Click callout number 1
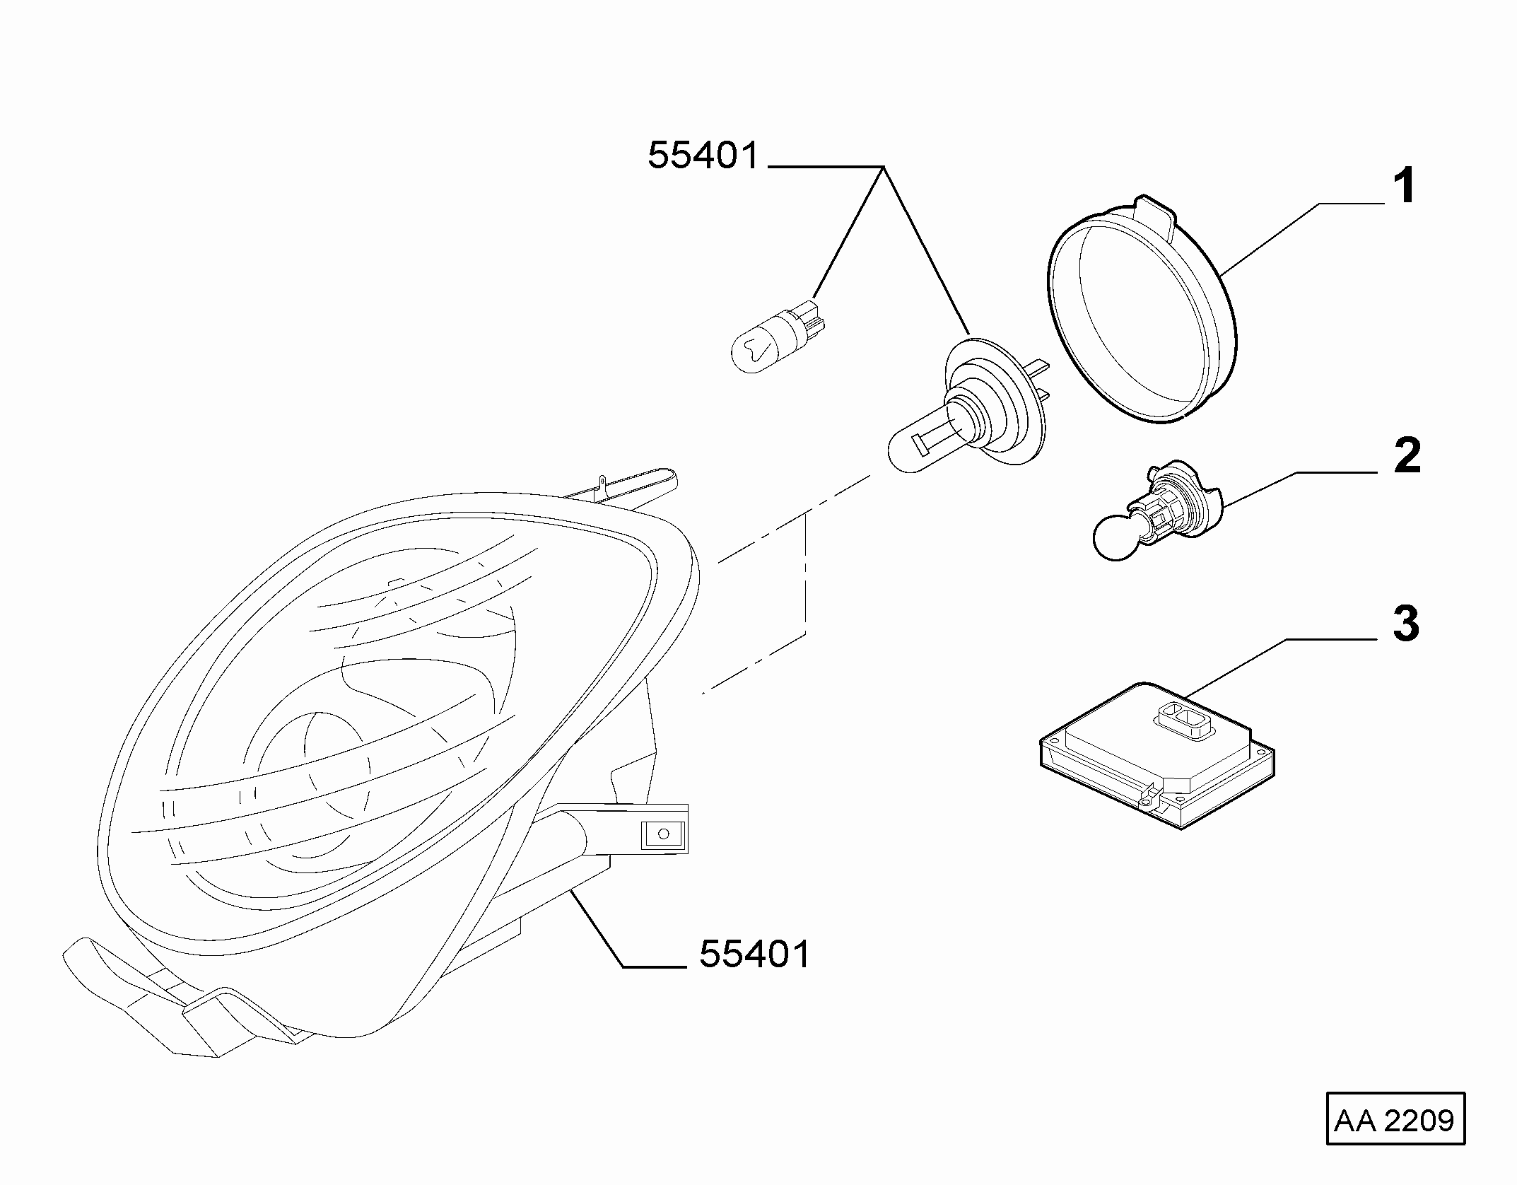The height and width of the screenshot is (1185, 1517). [1404, 186]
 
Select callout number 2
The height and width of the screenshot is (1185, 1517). [1407, 456]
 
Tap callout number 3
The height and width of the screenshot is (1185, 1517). [1406, 624]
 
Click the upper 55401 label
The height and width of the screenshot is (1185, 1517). [703, 155]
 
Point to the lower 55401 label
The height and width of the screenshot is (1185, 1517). [754, 955]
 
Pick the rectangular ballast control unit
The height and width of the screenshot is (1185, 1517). [1158, 754]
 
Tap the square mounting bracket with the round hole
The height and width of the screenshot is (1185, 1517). [662, 834]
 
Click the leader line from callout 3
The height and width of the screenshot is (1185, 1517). [1280, 665]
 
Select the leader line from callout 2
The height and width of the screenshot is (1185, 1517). [1300, 489]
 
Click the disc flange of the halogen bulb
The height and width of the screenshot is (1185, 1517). [995, 399]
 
